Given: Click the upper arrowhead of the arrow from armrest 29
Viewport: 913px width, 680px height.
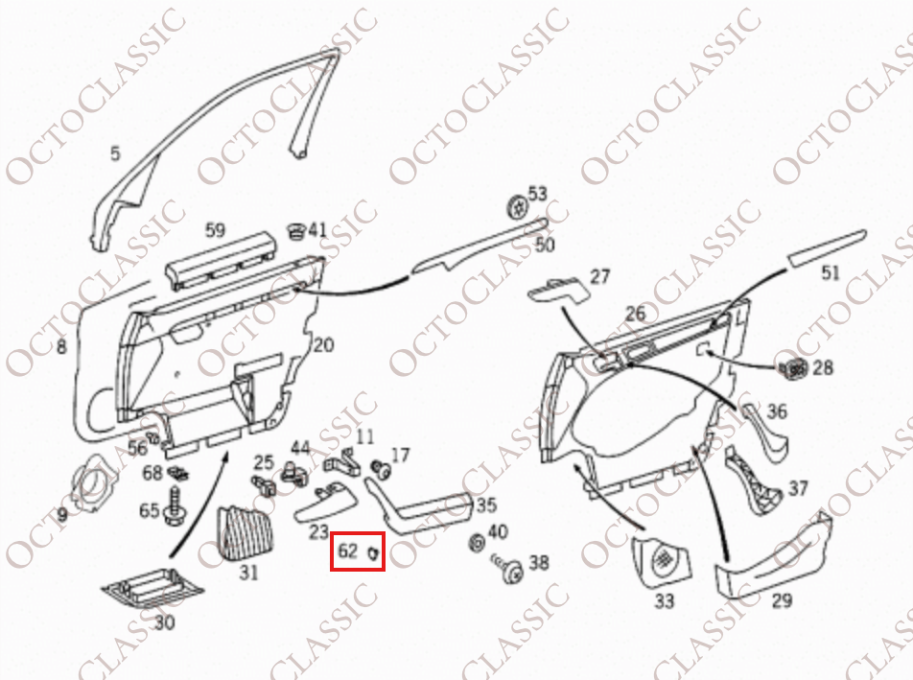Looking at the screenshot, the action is tap(694, 449).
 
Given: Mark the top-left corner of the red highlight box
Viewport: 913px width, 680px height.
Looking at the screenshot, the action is tap(331, 532).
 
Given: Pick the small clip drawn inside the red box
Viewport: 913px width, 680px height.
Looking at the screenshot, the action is tap(373, 552).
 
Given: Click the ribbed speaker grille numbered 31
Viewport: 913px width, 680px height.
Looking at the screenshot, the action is tap(246, 532).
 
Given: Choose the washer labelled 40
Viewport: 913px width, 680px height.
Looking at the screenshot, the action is tap(477, 543).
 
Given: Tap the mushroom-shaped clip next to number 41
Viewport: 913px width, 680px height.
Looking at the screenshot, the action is tap(296, 230).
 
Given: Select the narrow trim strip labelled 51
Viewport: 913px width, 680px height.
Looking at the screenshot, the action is tap(828, 248).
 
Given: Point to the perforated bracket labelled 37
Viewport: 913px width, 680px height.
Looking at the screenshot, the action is tap(754, 481).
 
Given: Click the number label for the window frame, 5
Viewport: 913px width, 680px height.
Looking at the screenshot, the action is tap(115, 153).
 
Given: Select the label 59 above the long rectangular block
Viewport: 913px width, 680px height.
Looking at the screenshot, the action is tap(216, 230).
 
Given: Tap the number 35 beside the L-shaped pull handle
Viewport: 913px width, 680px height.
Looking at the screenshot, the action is tap(486, 504).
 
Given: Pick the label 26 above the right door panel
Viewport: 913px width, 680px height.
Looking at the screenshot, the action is tap(636, 314).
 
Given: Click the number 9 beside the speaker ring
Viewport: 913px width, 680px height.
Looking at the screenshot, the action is tap(62, 514).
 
